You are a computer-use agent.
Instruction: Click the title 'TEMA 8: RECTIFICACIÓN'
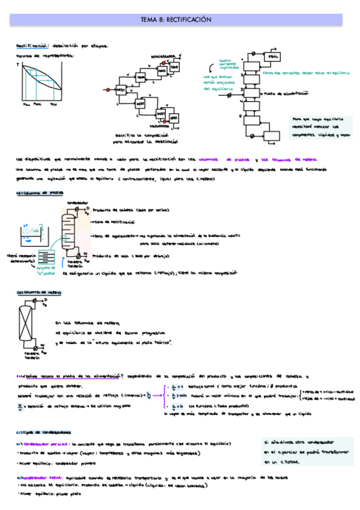coord(180,20)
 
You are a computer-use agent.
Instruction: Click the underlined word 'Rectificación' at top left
coord(32,46)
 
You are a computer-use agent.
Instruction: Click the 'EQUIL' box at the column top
coord(274,57)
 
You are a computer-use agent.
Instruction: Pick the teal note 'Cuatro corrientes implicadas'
coord(227,64)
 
